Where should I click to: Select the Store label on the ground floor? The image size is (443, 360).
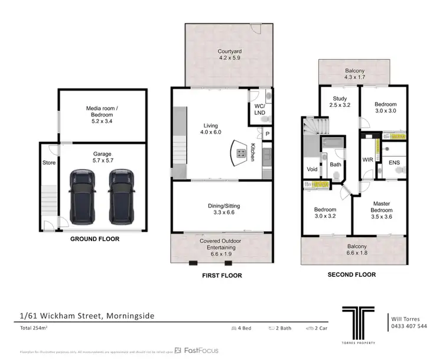coord(48,163)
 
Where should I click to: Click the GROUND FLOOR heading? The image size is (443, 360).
coord(95,239)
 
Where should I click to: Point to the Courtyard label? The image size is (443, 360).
coord(229,55)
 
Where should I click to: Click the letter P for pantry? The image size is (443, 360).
coord(267,135)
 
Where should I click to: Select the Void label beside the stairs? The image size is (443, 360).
coord(311,169)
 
